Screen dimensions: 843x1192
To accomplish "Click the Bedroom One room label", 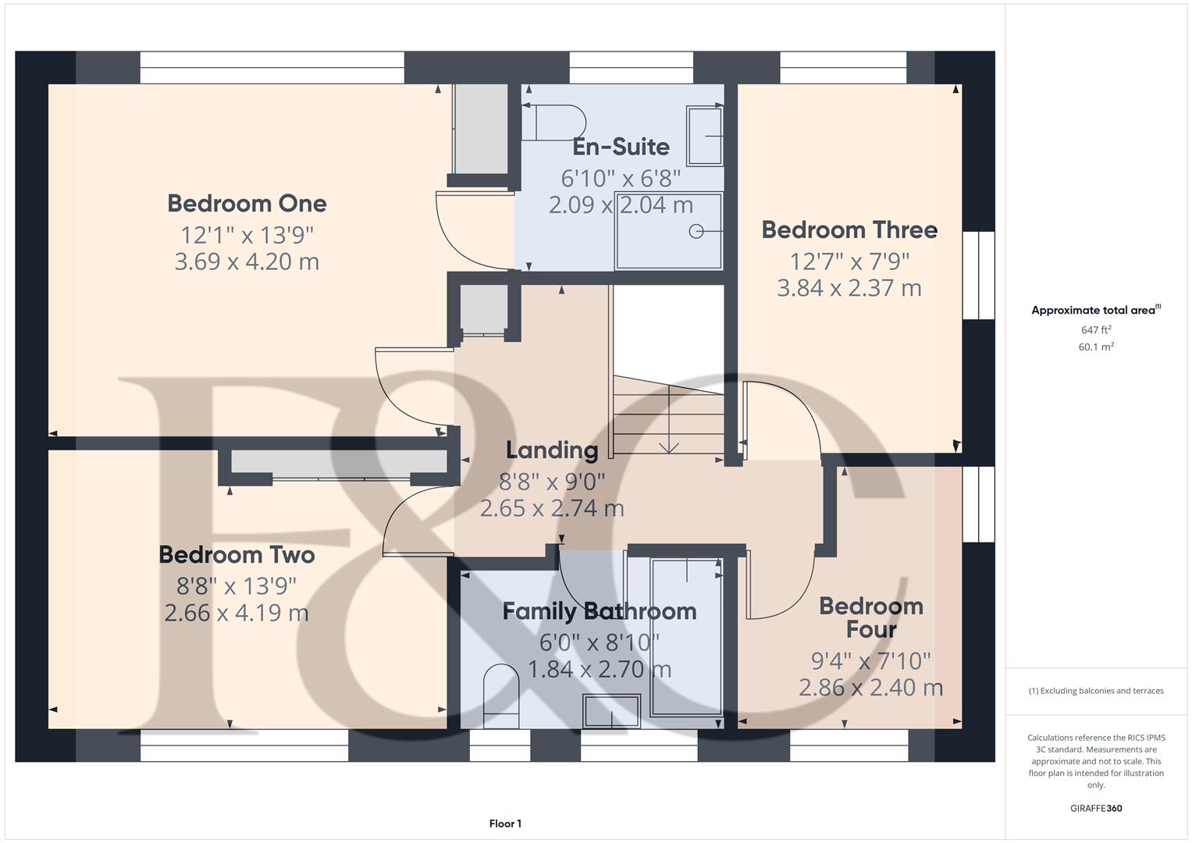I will pyautogui.click(x=247, y=204).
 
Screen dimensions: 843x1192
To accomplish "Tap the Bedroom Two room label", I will pyautogui.click(x=237, y=555).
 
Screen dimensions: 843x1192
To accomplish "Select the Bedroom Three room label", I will pyautogui.click(x=849, y=230).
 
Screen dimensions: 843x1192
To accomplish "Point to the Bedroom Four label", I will pyautogui.click(x=870, y=617).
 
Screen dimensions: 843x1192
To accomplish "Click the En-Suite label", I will pyautogui.click(x=621, y=147).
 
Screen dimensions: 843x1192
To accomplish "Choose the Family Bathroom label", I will pyautogui.click(x=599, y=611).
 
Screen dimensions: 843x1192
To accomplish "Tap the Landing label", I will pyautogui.click(x=552, y=450).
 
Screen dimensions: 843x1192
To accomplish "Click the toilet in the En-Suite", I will pyautogui.click(x=556, y=123).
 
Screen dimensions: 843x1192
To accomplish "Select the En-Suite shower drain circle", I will pyautogui.click(x=696, y=231).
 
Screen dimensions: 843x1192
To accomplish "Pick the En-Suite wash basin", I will pyautogui.click(x=704, y=136).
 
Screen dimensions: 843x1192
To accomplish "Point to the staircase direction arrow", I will pyautogui.click(x=668, y=446).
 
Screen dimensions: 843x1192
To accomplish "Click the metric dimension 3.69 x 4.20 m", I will pyautogui.click(x=247, y=261).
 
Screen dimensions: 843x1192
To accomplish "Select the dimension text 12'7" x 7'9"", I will pyautogui.click(x=849, y=261).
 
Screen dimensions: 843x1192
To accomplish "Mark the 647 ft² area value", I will pyautogui.click(x=1096, y=330).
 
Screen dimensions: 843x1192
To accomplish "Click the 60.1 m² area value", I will pyautogui.click(x=1096, y=347).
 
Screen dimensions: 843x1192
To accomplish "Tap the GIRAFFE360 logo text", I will pyautogui.click(x=1096, y=808).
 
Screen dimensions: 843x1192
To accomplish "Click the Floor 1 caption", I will pyautogui.click(x=505, y=823).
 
